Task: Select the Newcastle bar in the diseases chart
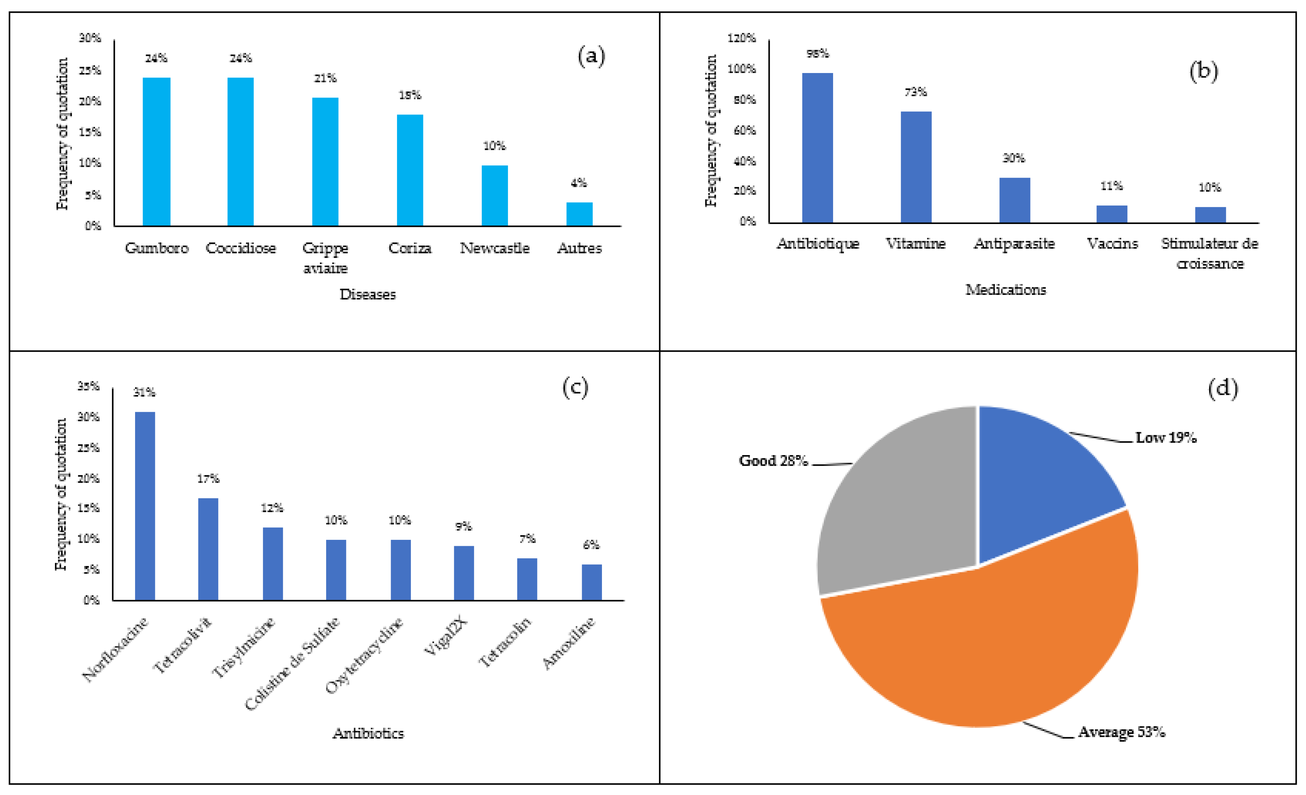pos(495,196)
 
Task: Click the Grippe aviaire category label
pos(325,258)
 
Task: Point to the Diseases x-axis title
pos(367,294)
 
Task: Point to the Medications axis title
pos(1005,289)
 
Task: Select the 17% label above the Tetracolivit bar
pos(208,478)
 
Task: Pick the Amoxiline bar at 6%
pos(592,582)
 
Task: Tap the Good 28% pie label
pos(773,460)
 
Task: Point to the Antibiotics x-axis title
pos(368,733)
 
